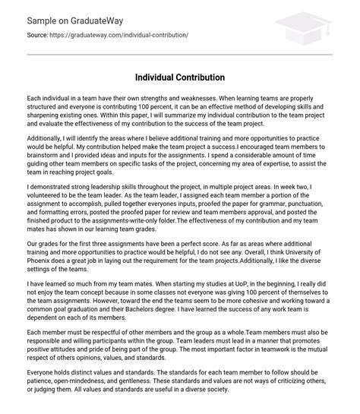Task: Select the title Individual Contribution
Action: pyautogui.click(x=180, y=77)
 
